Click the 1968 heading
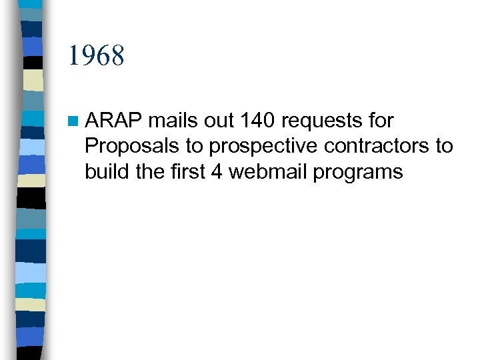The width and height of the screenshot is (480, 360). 96,56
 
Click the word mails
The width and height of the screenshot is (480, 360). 169,121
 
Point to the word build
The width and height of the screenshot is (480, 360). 105,172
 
